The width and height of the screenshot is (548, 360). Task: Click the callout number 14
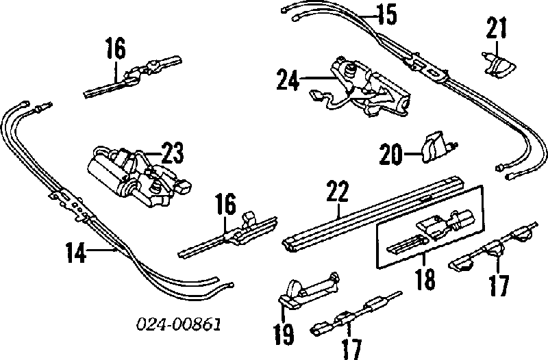(76, 253)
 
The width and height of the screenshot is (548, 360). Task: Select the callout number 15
(387, 15)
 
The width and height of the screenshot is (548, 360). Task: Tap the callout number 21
(496, 28)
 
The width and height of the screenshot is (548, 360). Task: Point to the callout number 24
(288, 80)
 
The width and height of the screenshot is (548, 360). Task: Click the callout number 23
(173, 153)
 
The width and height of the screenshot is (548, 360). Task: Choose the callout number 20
(391, 155)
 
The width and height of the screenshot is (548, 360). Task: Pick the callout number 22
(338, 191)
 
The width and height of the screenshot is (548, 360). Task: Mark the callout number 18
(425, 279)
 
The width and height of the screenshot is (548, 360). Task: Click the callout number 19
(284, 333)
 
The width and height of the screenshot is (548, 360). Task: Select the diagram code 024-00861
(179, 324)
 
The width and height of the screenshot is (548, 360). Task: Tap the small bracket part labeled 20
(438, 146)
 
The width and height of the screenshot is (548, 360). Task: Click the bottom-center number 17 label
(351, 349)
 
